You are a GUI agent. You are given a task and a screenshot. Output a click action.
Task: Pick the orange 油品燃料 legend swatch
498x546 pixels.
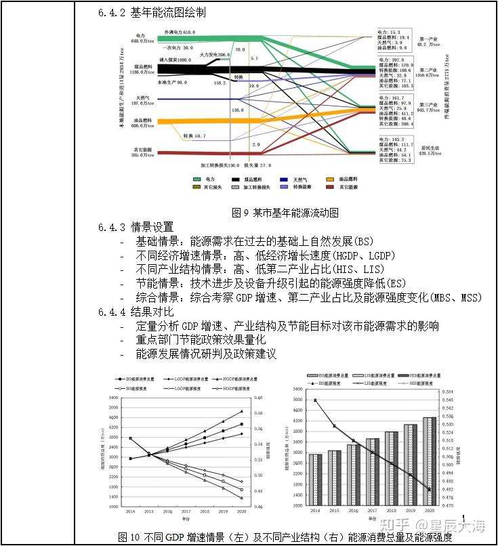(330, 178)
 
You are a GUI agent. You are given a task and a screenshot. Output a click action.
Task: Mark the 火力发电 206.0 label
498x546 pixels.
(215, 53)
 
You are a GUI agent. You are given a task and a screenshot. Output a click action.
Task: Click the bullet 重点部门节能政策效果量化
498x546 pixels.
(201, 340)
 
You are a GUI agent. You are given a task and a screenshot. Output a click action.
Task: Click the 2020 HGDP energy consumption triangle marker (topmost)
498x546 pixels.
(241, 411)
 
